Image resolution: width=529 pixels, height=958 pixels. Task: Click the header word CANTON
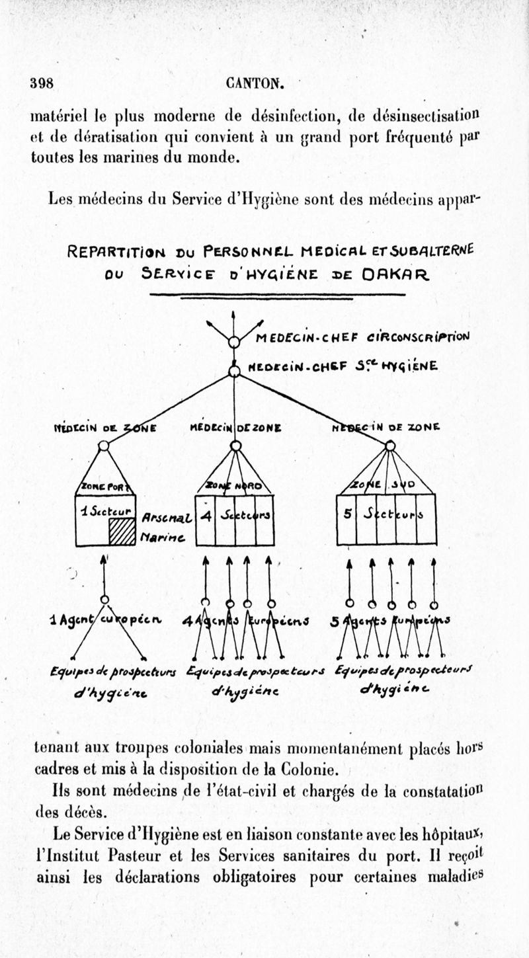[x=255, y=84]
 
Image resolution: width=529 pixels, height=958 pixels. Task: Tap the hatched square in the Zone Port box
[x=122, y=531]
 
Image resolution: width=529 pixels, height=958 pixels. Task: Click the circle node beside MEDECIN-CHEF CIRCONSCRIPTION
[x=233, y=342]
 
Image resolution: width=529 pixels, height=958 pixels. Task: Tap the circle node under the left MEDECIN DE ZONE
[x=104, y=446]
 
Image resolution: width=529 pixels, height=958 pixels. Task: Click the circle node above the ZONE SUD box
[x=390, y=446]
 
